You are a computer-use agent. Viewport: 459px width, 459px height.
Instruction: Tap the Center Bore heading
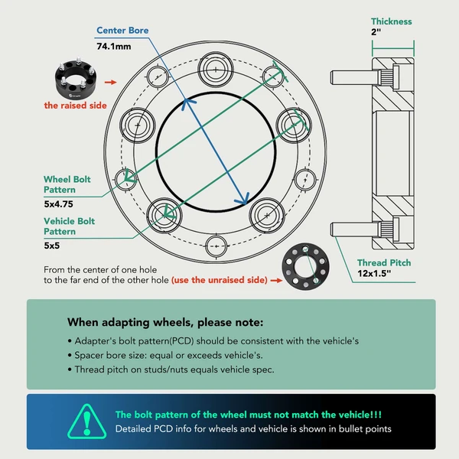click(x=122, y=31)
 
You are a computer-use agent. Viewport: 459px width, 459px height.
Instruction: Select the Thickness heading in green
click(x=391, y=21)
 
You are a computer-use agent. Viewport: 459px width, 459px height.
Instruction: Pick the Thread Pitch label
click(x=384, y=262)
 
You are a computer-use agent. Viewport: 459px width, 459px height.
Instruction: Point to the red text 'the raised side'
click(x=74, y=105)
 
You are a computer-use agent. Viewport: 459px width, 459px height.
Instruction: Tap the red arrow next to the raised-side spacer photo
click(x=111, y=80)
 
